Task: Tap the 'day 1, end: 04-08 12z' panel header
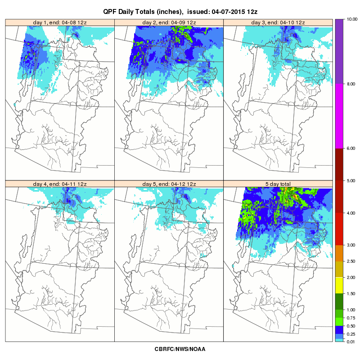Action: click(x=60, y=22)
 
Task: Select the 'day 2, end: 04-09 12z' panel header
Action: click(x=169, y=22)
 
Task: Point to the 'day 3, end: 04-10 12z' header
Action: click(x=278, y=22)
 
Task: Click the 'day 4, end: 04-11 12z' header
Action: click(x=60, y=184)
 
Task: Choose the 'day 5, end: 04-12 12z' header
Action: click(x=169, y=184)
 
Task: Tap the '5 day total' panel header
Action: click(x=278, y=184)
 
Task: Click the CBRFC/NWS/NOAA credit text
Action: click(x=180, y=349)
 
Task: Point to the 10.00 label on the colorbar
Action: click(x=352, y=19)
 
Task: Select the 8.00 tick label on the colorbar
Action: click(x=351, y=84)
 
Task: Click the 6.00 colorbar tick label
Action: click(x=351, y=148)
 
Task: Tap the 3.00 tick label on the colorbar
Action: click(x=351, y=245)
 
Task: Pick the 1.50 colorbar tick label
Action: click(x=351, y=294)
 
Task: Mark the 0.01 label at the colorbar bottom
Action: click(x=351, y=342)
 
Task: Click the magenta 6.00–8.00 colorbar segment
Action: click(x=339, y=116)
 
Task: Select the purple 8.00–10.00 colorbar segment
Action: click(x=339, y=51)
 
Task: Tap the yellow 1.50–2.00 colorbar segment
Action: click(x=339, y=285)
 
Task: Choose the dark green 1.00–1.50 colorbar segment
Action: click(x=339, y=301)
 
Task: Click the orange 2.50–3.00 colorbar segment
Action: click(x=339, y=253)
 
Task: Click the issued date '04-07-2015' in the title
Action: click(x=229, y=12)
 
